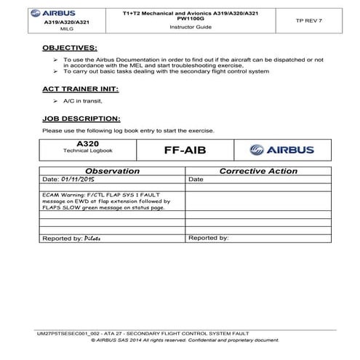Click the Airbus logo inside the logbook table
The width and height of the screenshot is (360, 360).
pos(279,151)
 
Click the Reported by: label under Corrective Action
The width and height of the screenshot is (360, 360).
pos(208,238)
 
